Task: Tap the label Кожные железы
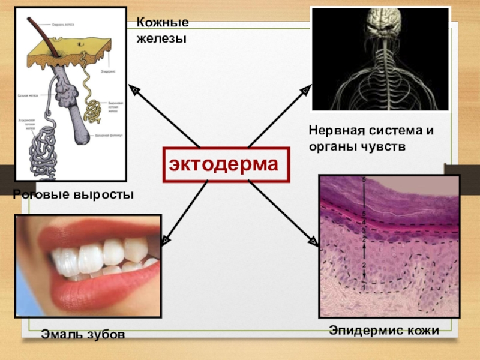(162, 31)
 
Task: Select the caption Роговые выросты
(73, 195)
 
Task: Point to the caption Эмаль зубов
(83, 334)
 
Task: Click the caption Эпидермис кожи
(384, 329)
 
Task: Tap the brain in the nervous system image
(380, 23)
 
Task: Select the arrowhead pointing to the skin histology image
(313, 241)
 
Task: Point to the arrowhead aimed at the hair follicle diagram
(135, 89)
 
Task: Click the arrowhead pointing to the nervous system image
(305, 90)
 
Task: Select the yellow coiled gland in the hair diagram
(92, 109)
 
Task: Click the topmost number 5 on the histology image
(364, 179)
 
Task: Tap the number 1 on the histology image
(363, 288)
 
